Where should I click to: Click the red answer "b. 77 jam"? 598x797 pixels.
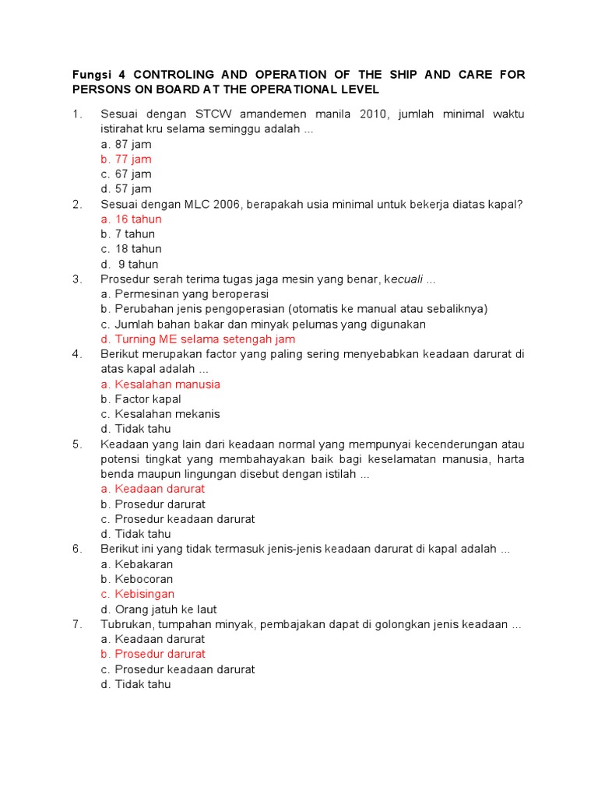[x=126, y=160]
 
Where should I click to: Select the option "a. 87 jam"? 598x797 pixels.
[x=126, y=145]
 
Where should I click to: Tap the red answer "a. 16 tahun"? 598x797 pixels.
[x=131, y=219]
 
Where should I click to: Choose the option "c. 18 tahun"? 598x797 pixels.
[x=131, y=249]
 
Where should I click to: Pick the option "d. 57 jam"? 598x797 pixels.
[x=126, y=189]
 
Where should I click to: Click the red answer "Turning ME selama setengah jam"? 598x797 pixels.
[x=205, y=339]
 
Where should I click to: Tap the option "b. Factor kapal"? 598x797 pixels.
[x=141, y=399]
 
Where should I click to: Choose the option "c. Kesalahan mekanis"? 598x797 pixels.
[x=160, y=414]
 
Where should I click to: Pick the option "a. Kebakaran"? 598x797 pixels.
[x=137, y=564]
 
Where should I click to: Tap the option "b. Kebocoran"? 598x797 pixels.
[x=137, y=579]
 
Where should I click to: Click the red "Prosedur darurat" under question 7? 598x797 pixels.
[x=160, y=655]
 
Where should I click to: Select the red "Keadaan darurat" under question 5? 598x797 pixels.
[x=160, y=490]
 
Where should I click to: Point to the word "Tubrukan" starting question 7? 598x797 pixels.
[x=127, y=624]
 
